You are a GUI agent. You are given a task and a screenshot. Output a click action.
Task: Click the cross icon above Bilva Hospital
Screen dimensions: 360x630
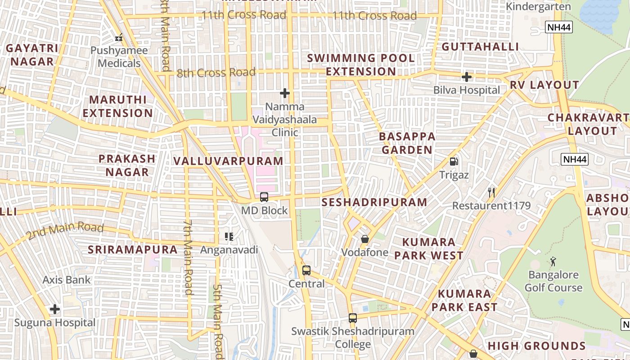[x=467, y=77]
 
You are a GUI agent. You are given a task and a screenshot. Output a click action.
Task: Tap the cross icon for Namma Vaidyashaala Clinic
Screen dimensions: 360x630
[x=284, y=93]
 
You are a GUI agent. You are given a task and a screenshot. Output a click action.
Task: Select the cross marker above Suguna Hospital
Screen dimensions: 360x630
[x=55, y=309]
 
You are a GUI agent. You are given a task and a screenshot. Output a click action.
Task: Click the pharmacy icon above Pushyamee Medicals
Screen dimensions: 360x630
[x=119, y=38]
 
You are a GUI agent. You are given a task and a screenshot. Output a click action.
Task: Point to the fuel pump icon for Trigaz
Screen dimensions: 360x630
[x=454, y=162]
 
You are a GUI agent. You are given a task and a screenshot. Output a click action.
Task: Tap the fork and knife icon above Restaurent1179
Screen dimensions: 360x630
[x=491, y=193]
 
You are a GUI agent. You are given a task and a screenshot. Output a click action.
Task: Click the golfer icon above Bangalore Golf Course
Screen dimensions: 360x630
[x=553, y=261]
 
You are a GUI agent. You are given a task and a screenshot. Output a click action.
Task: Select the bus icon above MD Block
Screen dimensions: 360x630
[x=264, y=197]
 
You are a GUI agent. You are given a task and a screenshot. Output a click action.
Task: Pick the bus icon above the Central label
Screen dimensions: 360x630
[x=306, y=270]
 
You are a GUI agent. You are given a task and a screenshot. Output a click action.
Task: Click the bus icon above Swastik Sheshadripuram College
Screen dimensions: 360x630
[x=353, y=318]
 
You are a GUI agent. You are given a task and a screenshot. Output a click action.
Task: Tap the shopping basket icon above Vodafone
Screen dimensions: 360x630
[x=364, y=239]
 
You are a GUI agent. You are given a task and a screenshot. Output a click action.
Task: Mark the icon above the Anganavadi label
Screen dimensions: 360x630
[x=229, y=236]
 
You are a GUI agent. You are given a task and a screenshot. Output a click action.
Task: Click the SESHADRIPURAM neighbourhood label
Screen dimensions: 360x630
[x=374, y=202]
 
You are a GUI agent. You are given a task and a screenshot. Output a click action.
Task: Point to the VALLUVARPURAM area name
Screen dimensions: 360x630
[x=228, y=161]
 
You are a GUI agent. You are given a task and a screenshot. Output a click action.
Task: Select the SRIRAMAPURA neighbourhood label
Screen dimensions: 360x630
[x=133, y=250]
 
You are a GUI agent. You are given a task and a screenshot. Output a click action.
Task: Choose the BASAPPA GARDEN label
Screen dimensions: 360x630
[x=407, y=143]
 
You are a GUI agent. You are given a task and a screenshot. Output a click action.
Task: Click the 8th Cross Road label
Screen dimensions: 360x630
[x=216, y=72]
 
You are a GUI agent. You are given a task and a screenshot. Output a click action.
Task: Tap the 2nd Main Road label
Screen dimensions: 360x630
[x=65, y=231]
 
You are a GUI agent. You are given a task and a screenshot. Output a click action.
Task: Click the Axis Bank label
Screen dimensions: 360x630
[x=67, y=280]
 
